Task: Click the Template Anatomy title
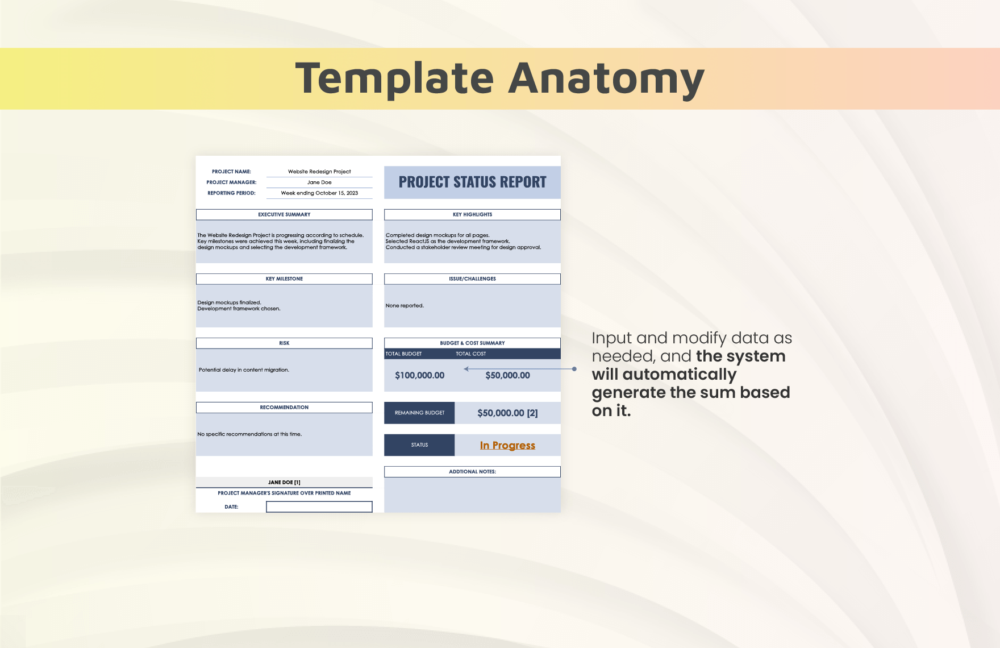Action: [x=500, y=78]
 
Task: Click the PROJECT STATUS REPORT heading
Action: [x=472, y=182]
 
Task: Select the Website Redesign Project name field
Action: [x=319, y=172]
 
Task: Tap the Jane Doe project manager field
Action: [x=319, y=182]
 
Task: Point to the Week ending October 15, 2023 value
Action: [x=319, y=193]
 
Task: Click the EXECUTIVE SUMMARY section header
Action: [x=284, y=215]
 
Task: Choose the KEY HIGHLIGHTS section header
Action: [x=472, y=215]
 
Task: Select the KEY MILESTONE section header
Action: [x=284, y=279]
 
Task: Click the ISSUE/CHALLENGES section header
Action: [x=472, y=279]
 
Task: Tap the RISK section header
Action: [x=284, y=343]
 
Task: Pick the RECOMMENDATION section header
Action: [x=284, y=408]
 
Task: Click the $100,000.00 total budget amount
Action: [x=420, y=376]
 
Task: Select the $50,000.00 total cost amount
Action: [x=507, y=376]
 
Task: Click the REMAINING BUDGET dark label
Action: [x=419, y=413]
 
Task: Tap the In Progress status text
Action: [x=507, y=446]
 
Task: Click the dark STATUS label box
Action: [x=419, y=445]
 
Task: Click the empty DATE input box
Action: [x=319, y=506]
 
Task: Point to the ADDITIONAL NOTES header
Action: [x=472, y=472]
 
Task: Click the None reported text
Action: [x=405, y=306]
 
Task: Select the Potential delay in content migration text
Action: [x=244, y=370]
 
